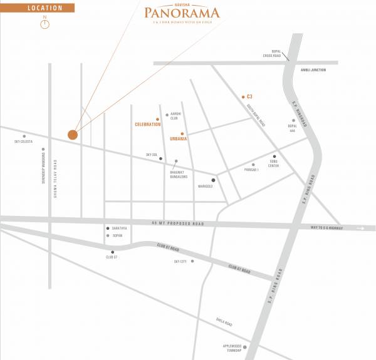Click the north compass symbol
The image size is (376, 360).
click(45, 24)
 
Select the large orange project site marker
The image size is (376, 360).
click(73, 134)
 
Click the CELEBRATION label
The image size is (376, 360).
click(148, 125)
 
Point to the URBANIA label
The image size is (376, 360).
click(179, 138)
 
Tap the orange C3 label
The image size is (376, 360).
click(249, 96)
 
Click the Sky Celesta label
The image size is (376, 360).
click(23, 141)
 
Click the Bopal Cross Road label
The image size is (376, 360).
click(273, 56)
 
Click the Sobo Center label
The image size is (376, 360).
click(273, 164)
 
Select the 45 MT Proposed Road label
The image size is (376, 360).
click(178, 224)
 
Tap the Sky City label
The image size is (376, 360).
click(181, 262)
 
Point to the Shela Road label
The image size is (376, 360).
click(224, 323)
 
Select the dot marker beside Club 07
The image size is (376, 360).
click(113, 252)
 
